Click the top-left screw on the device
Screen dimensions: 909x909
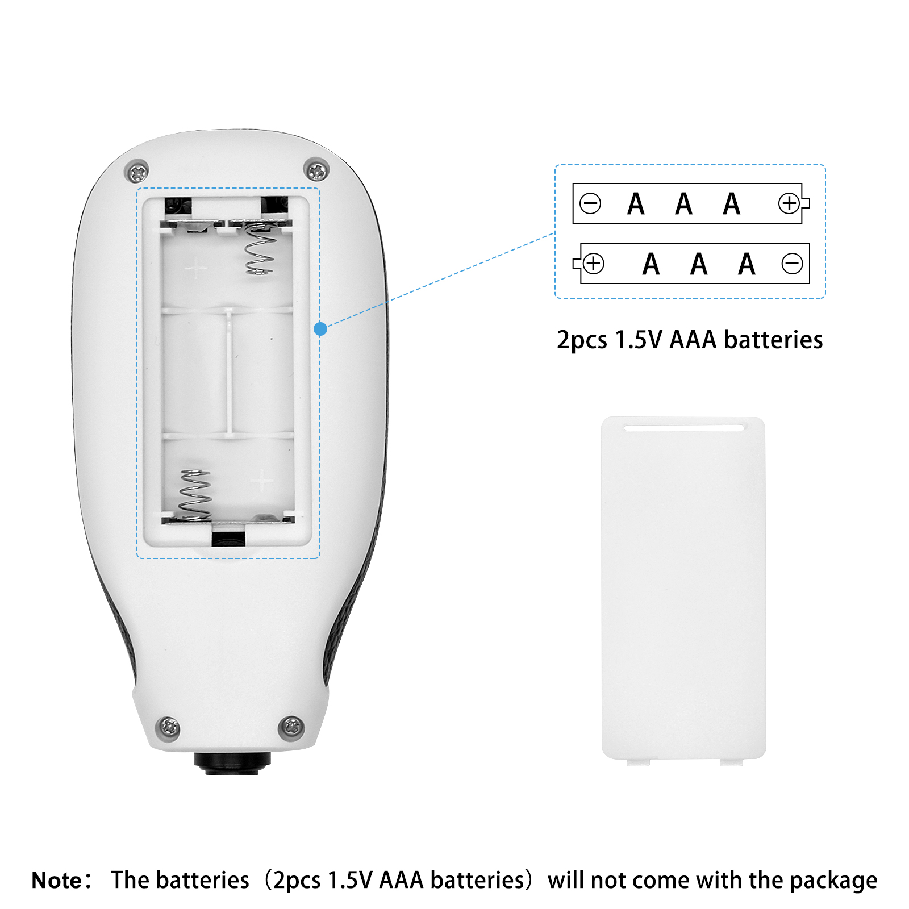137,171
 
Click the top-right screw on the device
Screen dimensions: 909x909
316,169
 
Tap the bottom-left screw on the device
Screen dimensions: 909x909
168,727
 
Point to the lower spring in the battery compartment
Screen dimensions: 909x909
195,495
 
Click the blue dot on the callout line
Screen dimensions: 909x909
320,328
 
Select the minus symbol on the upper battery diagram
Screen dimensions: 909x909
590,203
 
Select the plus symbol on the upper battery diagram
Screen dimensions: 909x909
789,203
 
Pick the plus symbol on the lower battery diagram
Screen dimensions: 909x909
594,264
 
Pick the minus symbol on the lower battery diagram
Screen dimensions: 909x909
792,264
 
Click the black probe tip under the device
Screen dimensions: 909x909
232,763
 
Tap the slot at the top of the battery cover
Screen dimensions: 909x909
683,427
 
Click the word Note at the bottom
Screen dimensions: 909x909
57,880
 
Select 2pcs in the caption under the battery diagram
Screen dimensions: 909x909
582,340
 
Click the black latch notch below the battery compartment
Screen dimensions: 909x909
228,539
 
